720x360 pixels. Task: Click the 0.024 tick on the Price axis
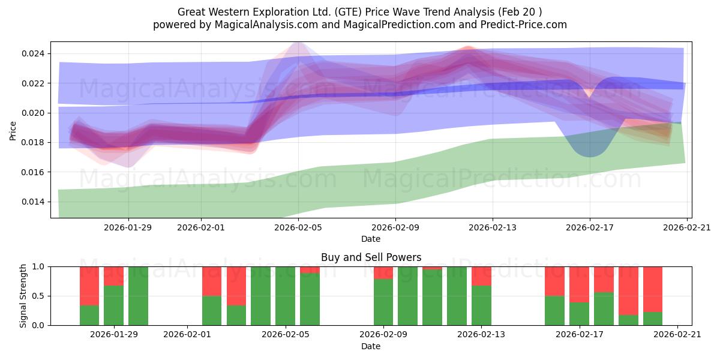click(x=34, y=53)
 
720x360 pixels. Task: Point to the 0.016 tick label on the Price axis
click(x=34, y=172)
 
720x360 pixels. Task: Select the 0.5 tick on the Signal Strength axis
click(x=38, y=296)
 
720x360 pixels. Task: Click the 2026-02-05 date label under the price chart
click(x=298, y=227)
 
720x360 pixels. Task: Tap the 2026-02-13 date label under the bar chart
click(x=481, y=335)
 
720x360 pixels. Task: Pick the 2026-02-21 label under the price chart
click(x=687, y=227)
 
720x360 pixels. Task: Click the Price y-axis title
click(x=13, y=131)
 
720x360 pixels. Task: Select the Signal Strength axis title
click(x=23, y=296)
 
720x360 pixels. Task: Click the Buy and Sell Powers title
click(x=371, y=257)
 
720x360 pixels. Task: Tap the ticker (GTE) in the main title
click(x=348, y=12)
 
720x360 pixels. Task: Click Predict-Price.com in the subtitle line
click(x=524, y=25)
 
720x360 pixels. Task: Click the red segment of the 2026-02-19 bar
click(x=628, y=291)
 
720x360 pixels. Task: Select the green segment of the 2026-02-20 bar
click(x=653, y=319)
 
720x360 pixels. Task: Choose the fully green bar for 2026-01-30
click(x=138, y=296)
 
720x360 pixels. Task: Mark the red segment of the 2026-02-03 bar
click(x=236, y=286)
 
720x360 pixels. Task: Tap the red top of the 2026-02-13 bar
click(x=481, y=276)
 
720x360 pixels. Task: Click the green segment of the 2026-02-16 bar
click(x=555, y=311)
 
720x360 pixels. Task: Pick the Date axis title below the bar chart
click(x=371, y=346)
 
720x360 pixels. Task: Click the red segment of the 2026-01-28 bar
click(x=89, y=286)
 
